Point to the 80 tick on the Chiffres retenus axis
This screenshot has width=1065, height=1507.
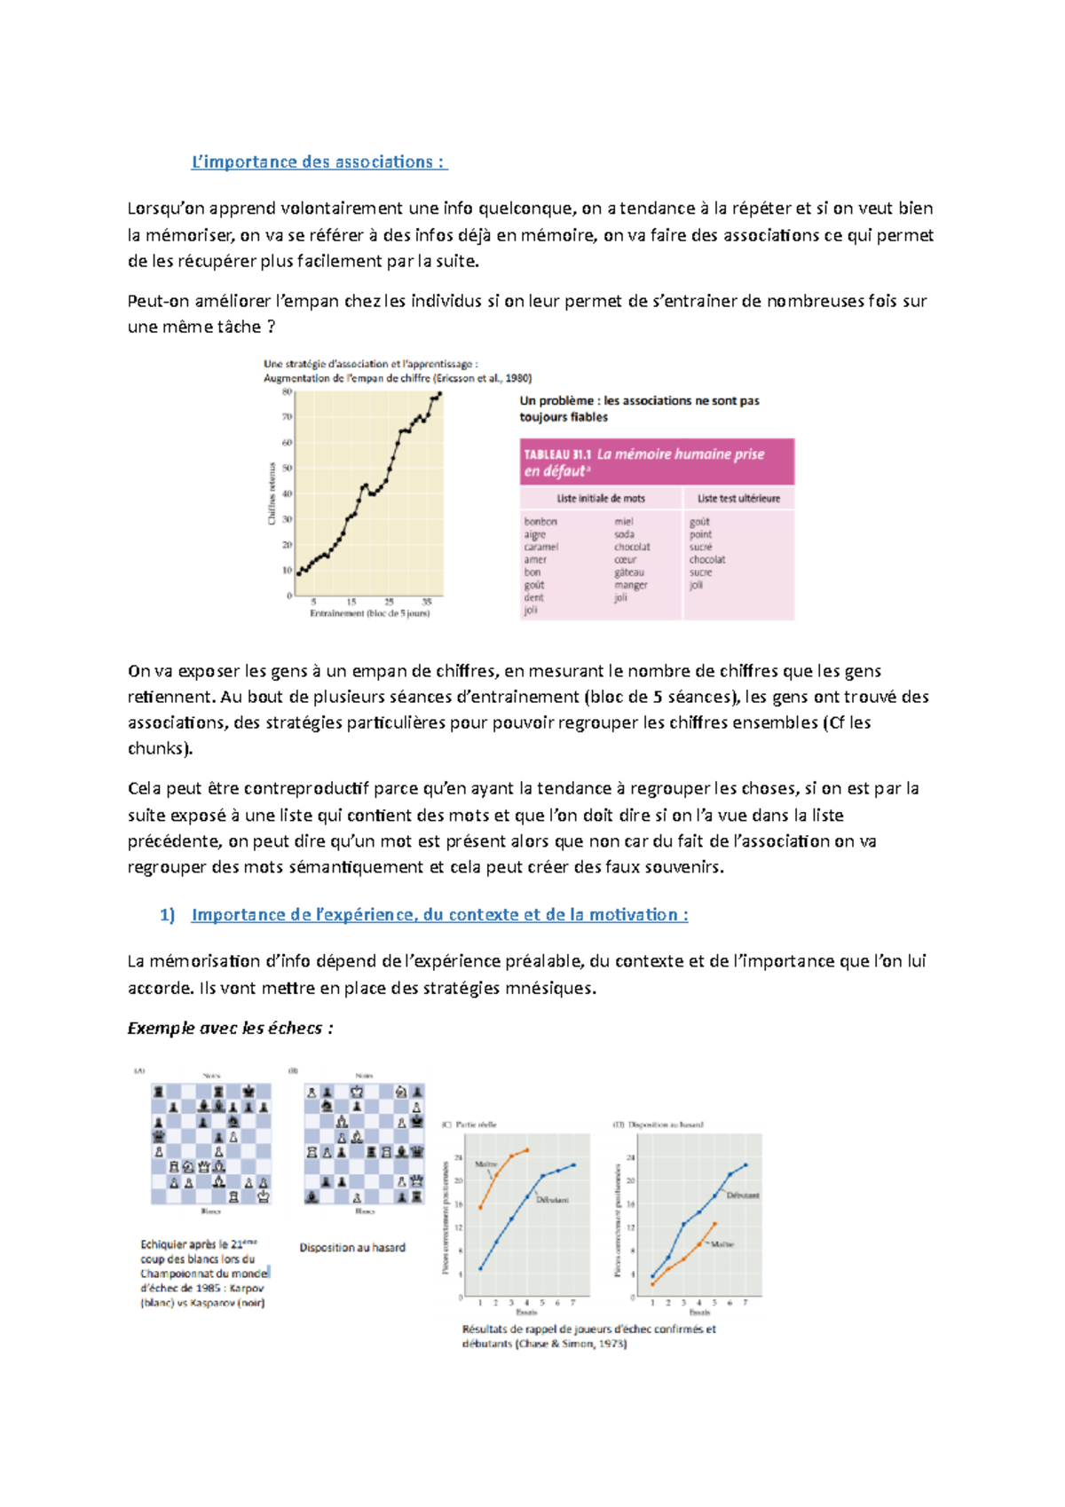[x=288, y=391]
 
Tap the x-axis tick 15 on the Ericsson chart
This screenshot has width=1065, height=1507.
[x=351, y=602]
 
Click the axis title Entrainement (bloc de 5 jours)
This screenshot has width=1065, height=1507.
[x=369, y=613]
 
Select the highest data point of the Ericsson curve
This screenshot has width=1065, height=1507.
[x=439, y=394]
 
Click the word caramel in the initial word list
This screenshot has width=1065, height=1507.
[x=540, y=547]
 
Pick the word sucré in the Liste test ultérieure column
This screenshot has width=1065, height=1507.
[x=700, y=547]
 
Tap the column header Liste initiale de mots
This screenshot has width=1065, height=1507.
[x=601, y=499]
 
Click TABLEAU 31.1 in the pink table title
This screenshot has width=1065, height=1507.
[x=557, y=454]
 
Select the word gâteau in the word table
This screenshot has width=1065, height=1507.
[x=628, y=572]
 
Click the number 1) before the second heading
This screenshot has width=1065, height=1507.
[x=167, y=915]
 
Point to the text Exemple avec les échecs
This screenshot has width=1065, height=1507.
[x=230, y=1029]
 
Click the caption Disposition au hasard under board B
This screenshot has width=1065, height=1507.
[x=352, y=1248]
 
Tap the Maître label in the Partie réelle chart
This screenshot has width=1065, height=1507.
[x=485, y=1164]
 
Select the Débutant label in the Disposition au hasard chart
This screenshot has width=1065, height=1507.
[x=743, y=1195]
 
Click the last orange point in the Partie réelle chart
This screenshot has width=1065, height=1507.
[x=527, y=1150]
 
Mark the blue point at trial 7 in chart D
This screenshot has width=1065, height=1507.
[x=745, y=1164]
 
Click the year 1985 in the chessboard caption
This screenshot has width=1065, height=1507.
[x=209, y=1288]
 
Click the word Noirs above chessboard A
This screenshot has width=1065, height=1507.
[x=211, y=1076]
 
